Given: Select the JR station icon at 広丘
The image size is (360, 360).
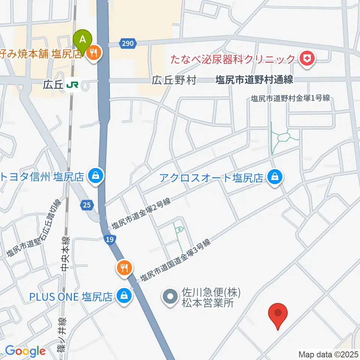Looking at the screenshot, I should point(72,85).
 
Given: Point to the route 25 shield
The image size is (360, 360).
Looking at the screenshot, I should point(87,204).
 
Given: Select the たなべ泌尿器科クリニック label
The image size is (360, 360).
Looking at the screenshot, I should point(233,59).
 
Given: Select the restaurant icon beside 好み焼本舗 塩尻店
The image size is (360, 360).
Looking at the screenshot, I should point(93,54).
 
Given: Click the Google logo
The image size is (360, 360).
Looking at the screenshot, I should point(25,351).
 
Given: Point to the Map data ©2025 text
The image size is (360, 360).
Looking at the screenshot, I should point(328,354).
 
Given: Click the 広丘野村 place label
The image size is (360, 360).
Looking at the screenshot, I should point(174,81).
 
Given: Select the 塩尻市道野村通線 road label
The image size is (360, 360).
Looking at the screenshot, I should point(254,80).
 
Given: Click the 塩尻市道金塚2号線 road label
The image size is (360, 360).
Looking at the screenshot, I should point(141,214).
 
